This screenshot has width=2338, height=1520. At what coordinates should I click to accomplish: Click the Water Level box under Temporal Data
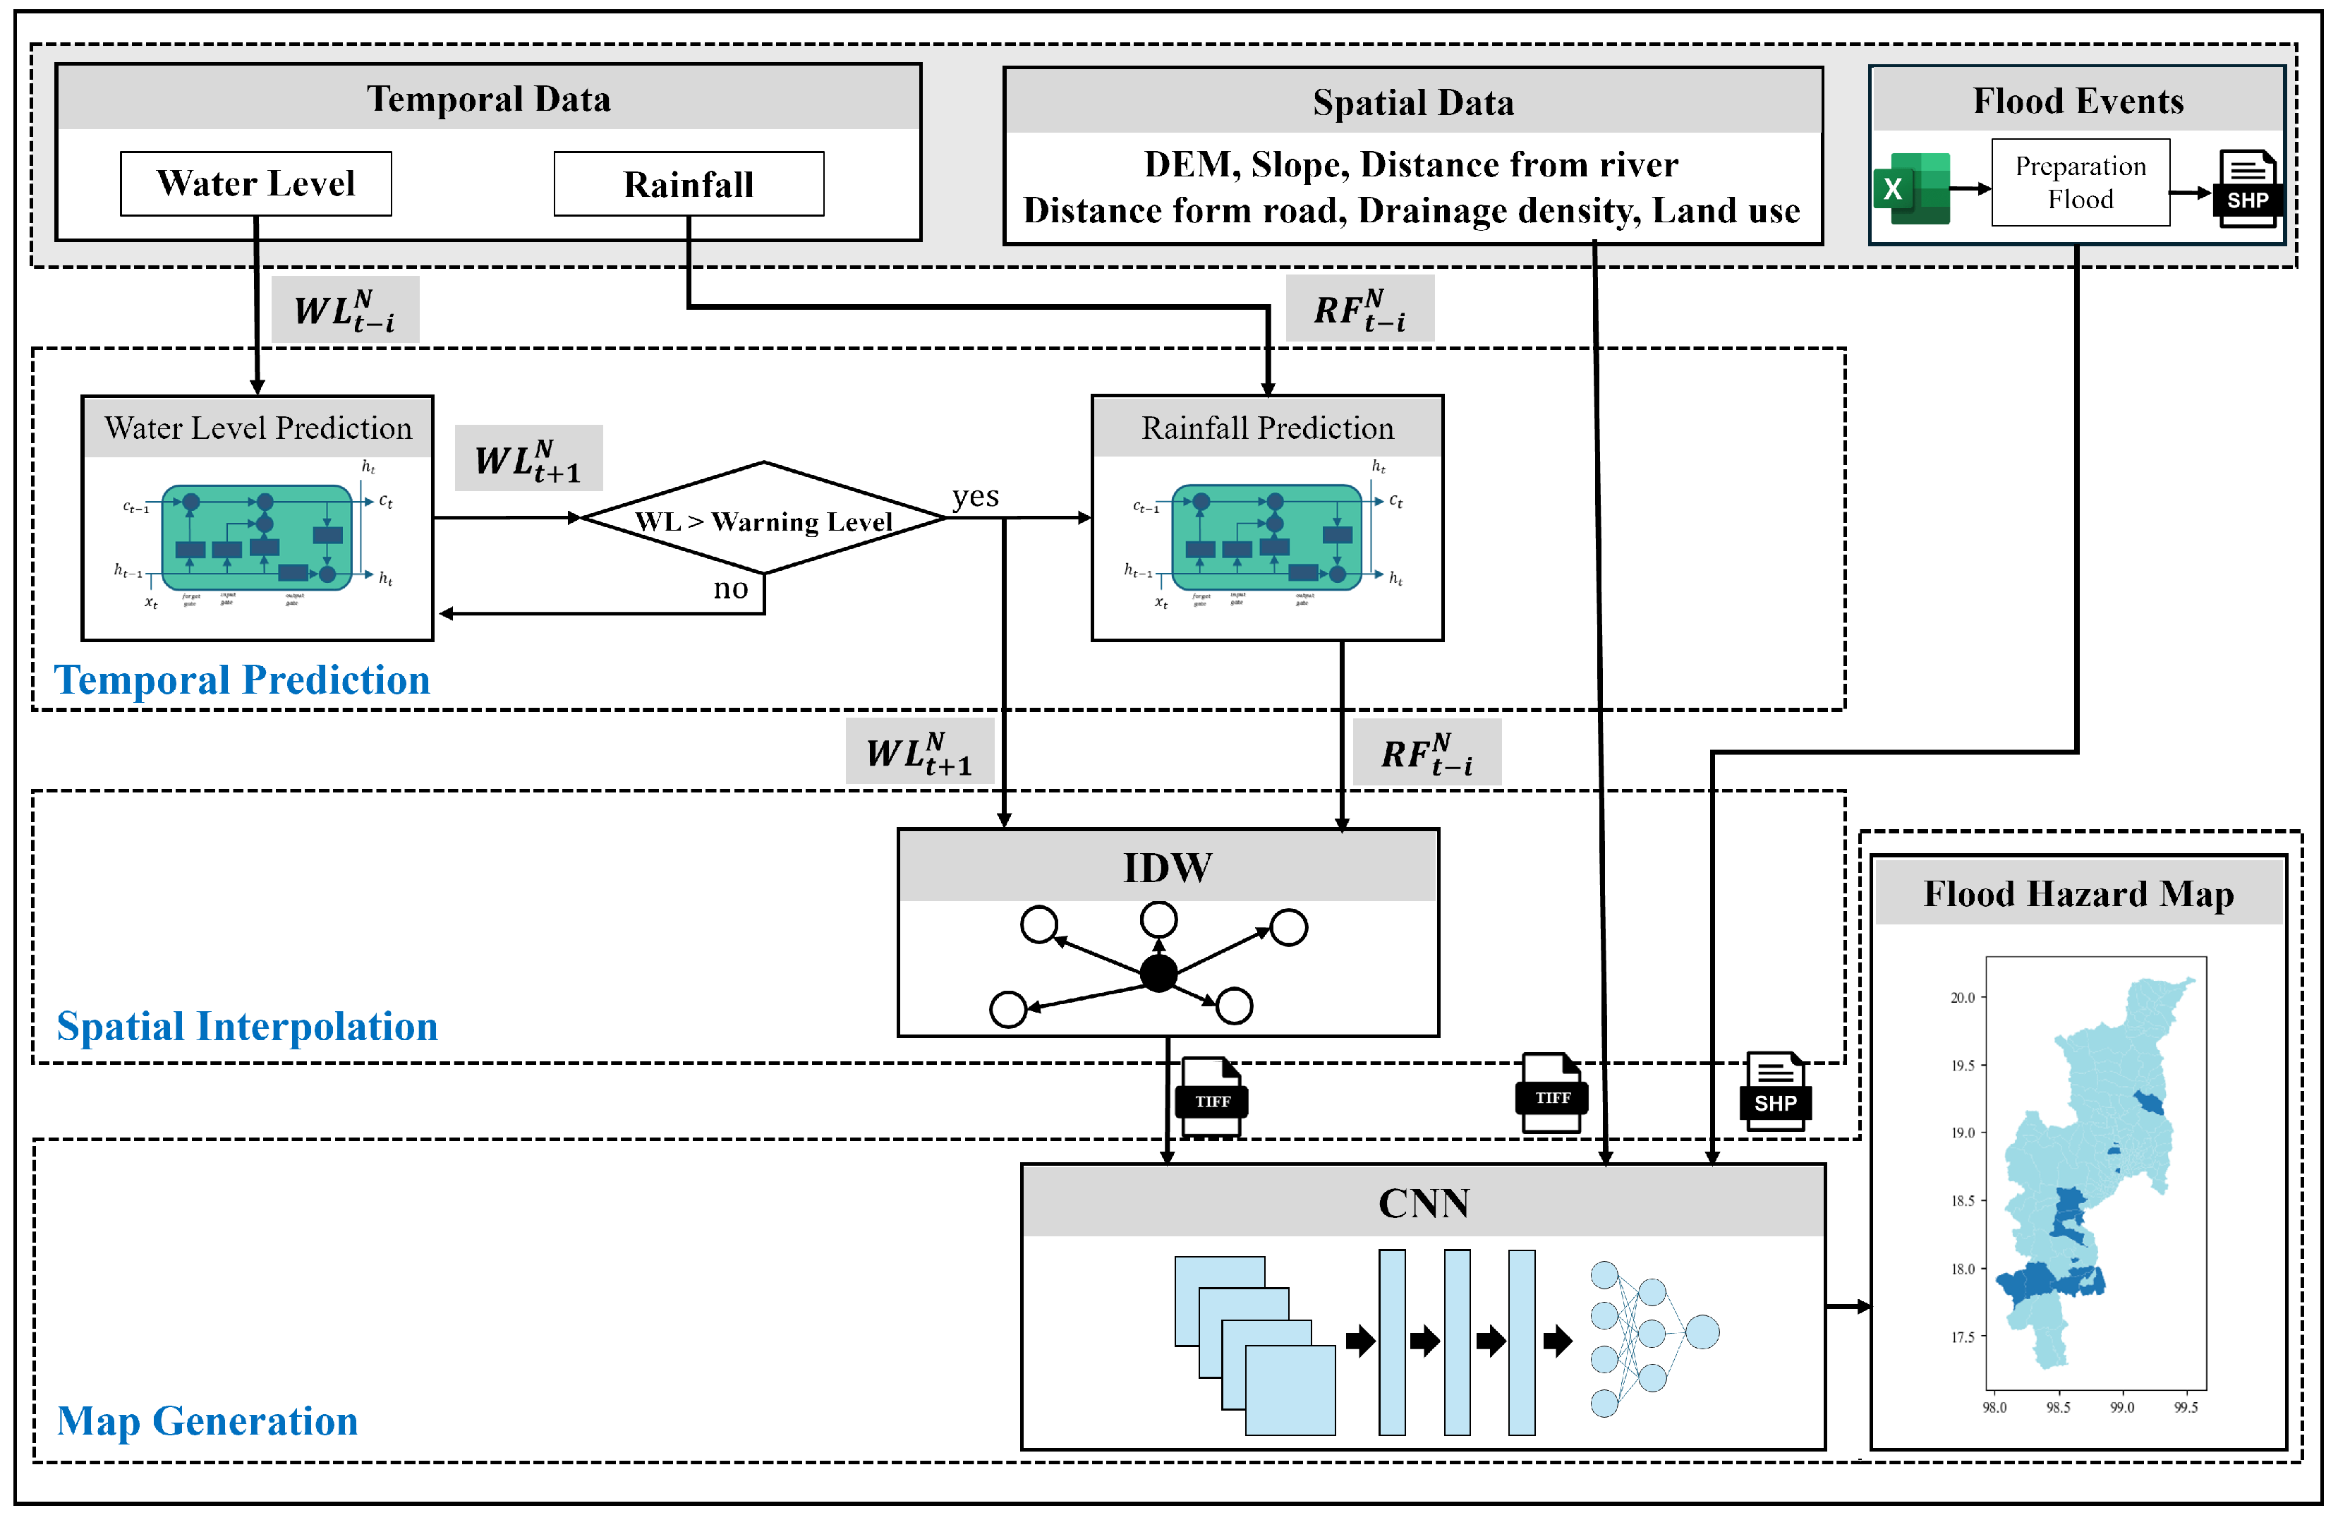tap(255, 183)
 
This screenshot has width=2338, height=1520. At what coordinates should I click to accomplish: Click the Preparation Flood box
tap(2080, 183)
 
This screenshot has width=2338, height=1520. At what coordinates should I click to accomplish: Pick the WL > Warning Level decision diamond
tap(763, 519)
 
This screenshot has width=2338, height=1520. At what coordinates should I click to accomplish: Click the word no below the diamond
tap(730, 589)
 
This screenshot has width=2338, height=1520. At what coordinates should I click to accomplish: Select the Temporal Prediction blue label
tap(242, 680)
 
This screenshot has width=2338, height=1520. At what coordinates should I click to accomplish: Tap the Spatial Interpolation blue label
tap(247, 1027)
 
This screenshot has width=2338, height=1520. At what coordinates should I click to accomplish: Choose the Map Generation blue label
tap(207, 1421)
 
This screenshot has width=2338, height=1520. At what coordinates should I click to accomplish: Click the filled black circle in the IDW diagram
tap(1158, 974)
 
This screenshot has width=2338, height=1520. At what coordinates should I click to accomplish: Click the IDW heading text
tap(1167, 867)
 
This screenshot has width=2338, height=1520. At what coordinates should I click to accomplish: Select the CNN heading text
tap(1424, 1204)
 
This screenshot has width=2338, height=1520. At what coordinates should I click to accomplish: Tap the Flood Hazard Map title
tap(2078, 894)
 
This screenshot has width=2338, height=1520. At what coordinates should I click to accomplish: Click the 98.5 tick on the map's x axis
tap(2057, 1408)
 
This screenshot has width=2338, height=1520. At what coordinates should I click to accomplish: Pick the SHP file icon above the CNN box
tap(1775, 1092)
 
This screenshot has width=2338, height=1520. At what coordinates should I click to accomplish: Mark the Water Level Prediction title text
tap(258, 428)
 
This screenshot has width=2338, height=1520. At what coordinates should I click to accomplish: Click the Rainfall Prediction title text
tap(1267, 428)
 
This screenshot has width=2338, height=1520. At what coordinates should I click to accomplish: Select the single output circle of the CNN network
tap(1702, 1332)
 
